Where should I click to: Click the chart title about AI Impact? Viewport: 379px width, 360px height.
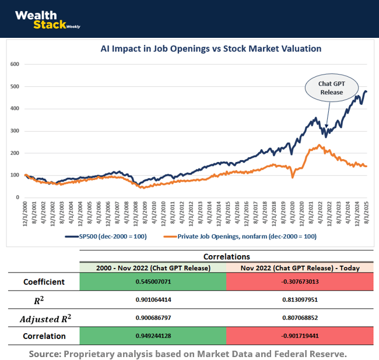pyautogui.click(x=211, y=48)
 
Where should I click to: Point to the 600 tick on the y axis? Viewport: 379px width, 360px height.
pyautogui.click(x=15, y=64)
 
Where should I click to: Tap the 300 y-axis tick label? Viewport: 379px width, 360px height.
pyautogui.click(x=15, y=131)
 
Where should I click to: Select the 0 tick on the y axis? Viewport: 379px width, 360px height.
pyautogui.click(x=18, y=197)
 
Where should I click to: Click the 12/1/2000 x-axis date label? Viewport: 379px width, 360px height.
pyautogui.click(x=26, y=214)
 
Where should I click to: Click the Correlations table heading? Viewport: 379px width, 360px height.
pyautogui.click(x=226, y=256)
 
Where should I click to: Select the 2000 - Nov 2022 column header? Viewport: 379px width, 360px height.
pyautogui.click(x=152, y=267)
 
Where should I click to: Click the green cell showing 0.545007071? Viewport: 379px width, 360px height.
pyautogui.click(x=152, y=283)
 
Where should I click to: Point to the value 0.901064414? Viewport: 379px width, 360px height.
pyautogui.click(x=152, y=300)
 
